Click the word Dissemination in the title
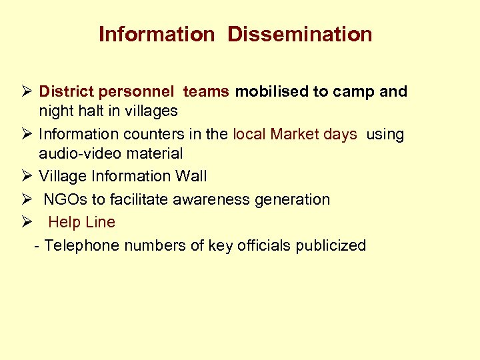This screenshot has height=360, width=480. tap(300, 34)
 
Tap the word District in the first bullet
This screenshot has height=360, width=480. tap(67, 91)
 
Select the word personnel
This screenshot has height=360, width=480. tap(139, 91)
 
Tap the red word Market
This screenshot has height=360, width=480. tap(295, 134)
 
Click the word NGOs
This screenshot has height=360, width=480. tap(64, 199)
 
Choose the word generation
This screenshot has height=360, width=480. tap(292, 199)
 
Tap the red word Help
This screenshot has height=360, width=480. tap(63, 222)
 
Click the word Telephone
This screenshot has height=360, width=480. tap(79, 245)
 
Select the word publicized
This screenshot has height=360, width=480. tap(330, 245)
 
